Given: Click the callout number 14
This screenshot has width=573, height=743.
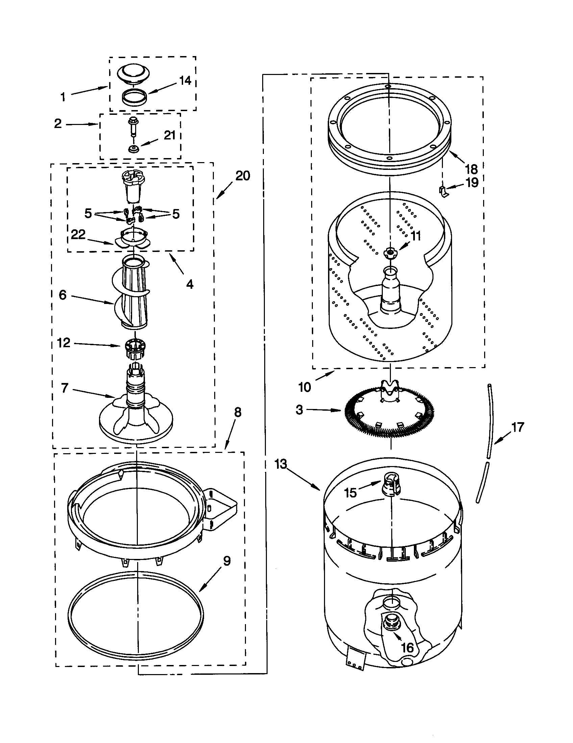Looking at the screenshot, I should [x=185, y=81].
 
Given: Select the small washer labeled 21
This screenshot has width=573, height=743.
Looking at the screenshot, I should [x=132, y=149].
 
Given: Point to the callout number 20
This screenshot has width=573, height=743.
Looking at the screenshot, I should [x=243, y=176].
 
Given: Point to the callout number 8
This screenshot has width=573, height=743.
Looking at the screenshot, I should [x=238, y=412].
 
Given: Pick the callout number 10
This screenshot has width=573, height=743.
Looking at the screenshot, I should [x=304, y=387].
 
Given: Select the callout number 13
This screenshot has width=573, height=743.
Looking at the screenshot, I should [x=281, y=464].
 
